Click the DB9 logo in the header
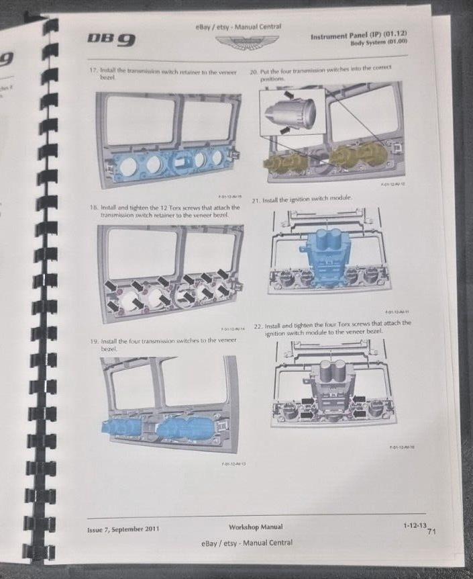pos(110,39)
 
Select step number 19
pos(94,342)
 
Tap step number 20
pos(254,69)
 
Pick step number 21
pos(256,200)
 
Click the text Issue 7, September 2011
pos(123,529)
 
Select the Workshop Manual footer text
pos(255,527)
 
